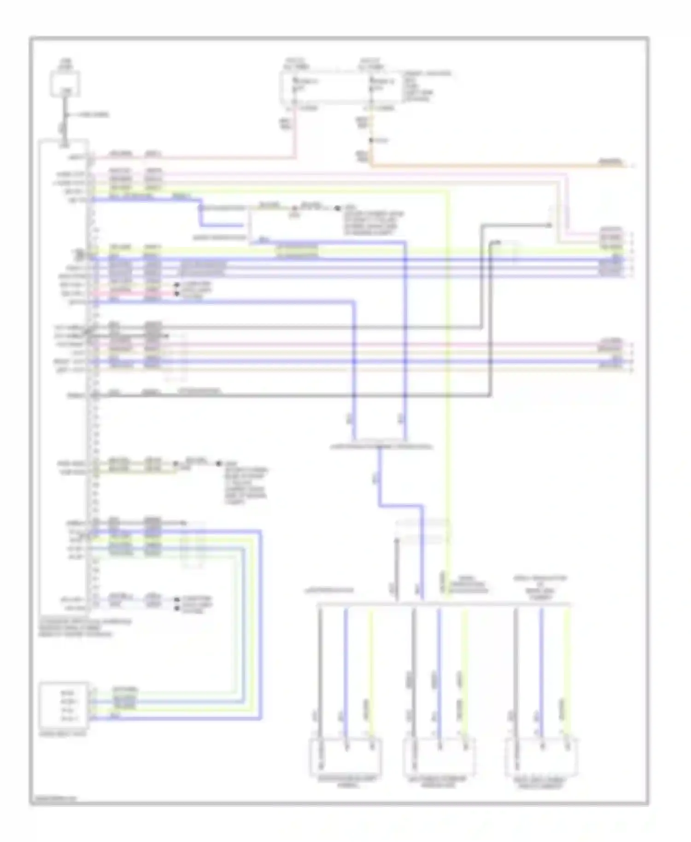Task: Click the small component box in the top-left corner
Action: click(65, 84)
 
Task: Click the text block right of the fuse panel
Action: click(427, 86)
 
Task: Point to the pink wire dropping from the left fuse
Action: click(294, 134)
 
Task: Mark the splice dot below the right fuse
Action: click(371, 140)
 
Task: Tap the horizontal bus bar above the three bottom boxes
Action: click(444, 604)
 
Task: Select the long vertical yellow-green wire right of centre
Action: click(447, 368)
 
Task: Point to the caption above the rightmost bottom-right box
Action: click(540, 587)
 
